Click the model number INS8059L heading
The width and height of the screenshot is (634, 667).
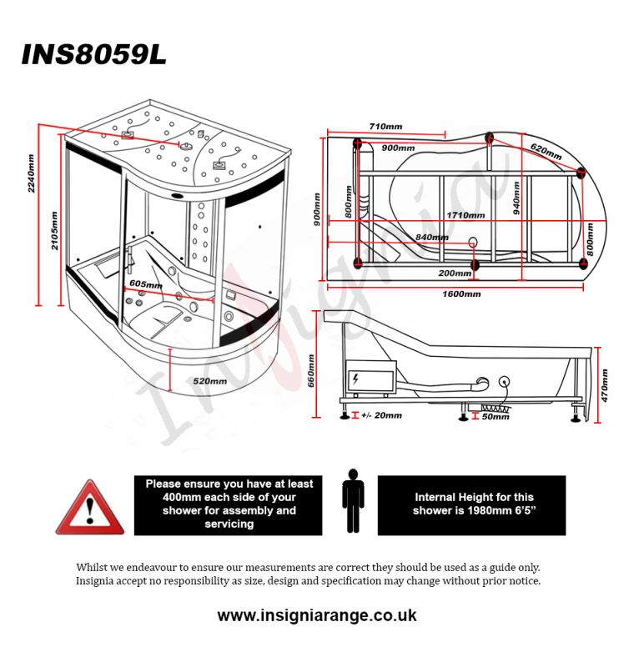(x=93, y=54)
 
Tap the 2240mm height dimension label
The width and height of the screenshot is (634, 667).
(x=31, y=173)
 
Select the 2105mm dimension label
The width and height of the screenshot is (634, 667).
(x=54, y=229)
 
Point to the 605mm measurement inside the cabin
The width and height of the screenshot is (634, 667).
(x=145, y=284)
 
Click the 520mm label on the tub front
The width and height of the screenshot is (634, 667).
(x=209, y=381)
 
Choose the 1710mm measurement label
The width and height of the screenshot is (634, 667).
(x=465, y=215)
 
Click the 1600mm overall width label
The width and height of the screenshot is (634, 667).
(x=461, y=293)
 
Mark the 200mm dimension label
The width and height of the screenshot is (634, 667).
(x=454, y=273)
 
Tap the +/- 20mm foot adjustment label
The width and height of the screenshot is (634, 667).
(x=381, y=415)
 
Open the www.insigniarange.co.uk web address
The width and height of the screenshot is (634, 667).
(x=317, y=616)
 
